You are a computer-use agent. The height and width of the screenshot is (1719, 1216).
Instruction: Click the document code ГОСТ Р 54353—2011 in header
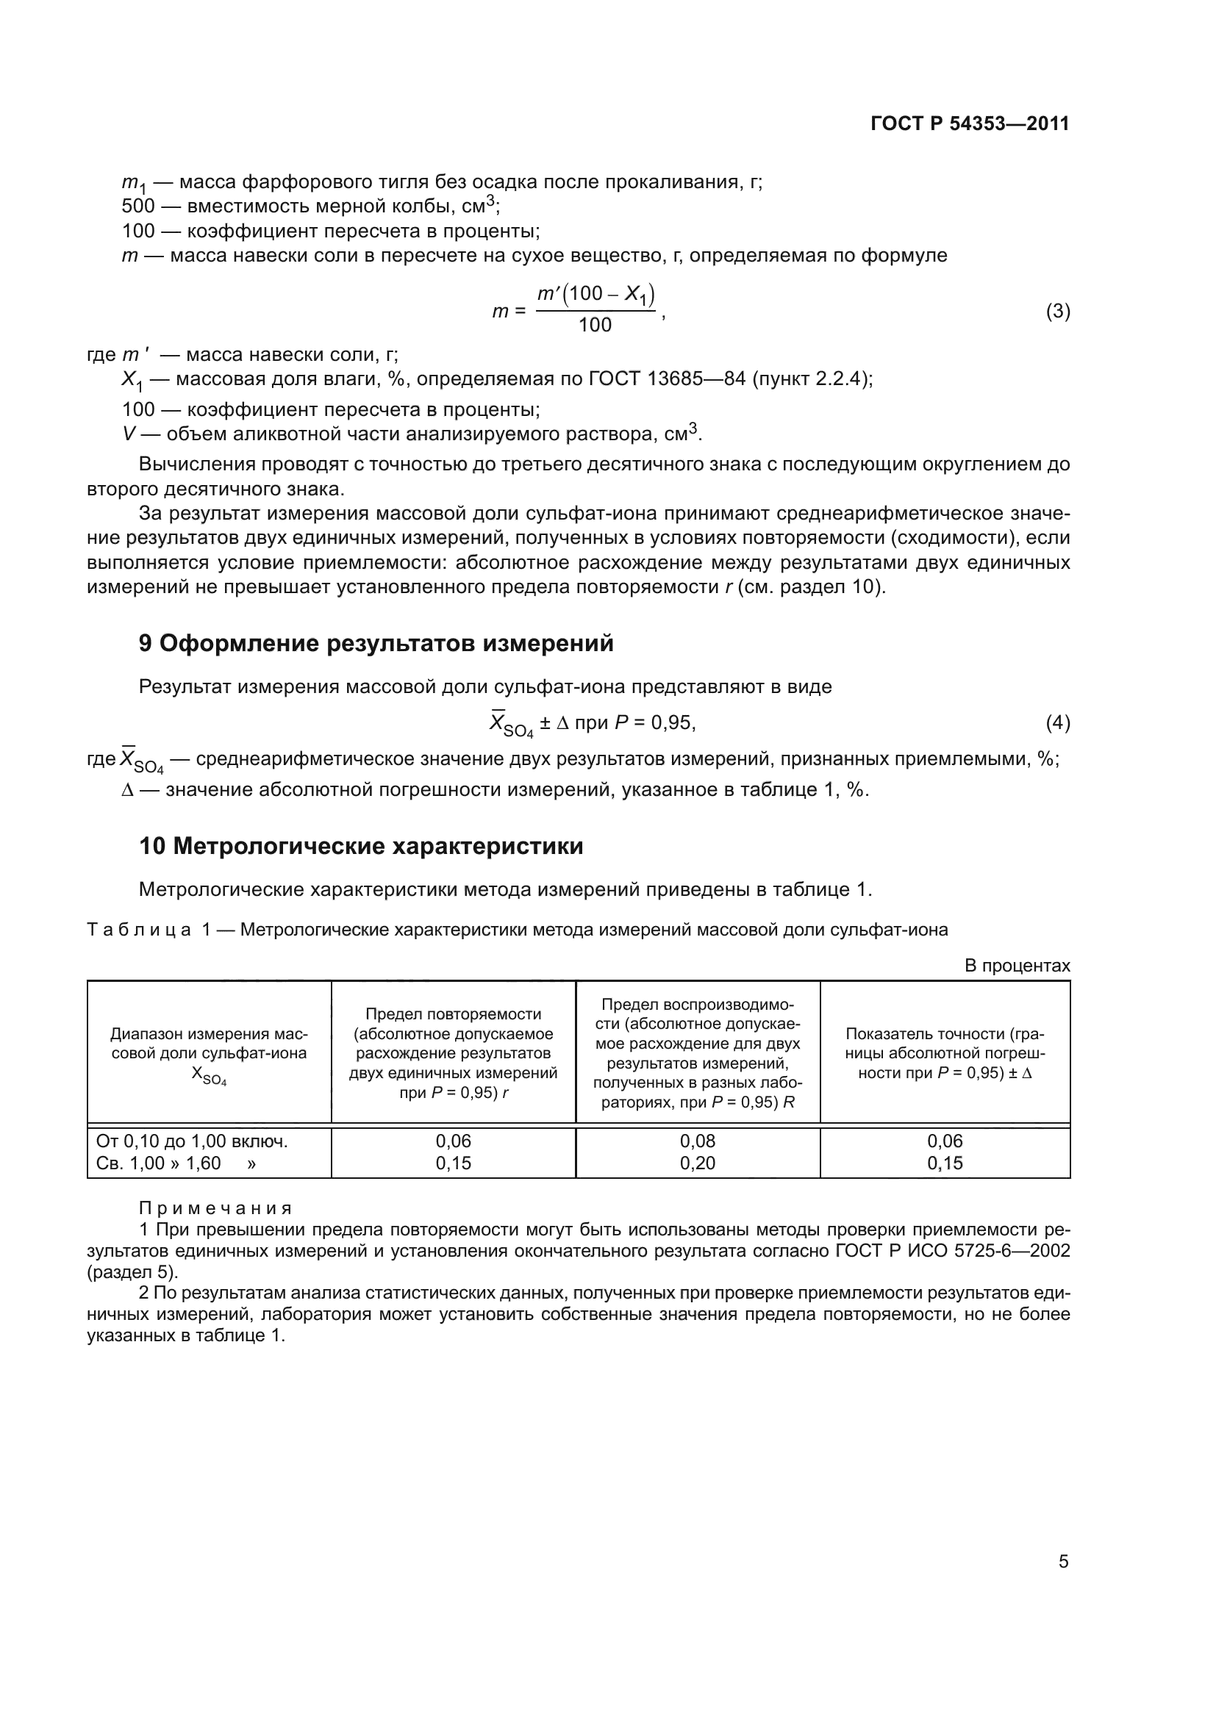(970, 123)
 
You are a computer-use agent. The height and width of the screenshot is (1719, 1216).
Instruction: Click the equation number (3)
(1057, 311)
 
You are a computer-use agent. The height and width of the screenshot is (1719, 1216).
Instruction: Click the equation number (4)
(1057, 722)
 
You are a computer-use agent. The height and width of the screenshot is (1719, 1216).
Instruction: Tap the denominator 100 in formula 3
(595, 325)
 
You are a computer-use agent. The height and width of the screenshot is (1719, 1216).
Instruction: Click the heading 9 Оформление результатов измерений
(376, 643)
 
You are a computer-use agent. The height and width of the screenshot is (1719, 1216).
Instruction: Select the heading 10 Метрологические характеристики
(361, 846)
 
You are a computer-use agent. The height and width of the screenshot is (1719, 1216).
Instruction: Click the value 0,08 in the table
(697, 1141)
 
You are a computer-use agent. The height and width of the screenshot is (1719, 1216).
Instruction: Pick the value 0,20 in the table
(697, 1163)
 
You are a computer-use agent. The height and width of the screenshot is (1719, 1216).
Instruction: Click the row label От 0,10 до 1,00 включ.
(192, 1141)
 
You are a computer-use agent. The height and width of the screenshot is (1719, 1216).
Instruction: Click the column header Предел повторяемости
(453, 1014)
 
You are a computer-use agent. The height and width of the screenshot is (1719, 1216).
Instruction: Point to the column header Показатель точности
(945, 1034)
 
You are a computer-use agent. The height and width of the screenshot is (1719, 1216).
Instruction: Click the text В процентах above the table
(1017, 966)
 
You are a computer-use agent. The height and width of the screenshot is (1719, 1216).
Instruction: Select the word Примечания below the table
(215, 1208)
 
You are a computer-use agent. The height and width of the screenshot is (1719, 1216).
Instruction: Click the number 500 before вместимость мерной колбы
(138, 206)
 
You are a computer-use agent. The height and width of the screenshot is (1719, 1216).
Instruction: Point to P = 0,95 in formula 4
(654, 722)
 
